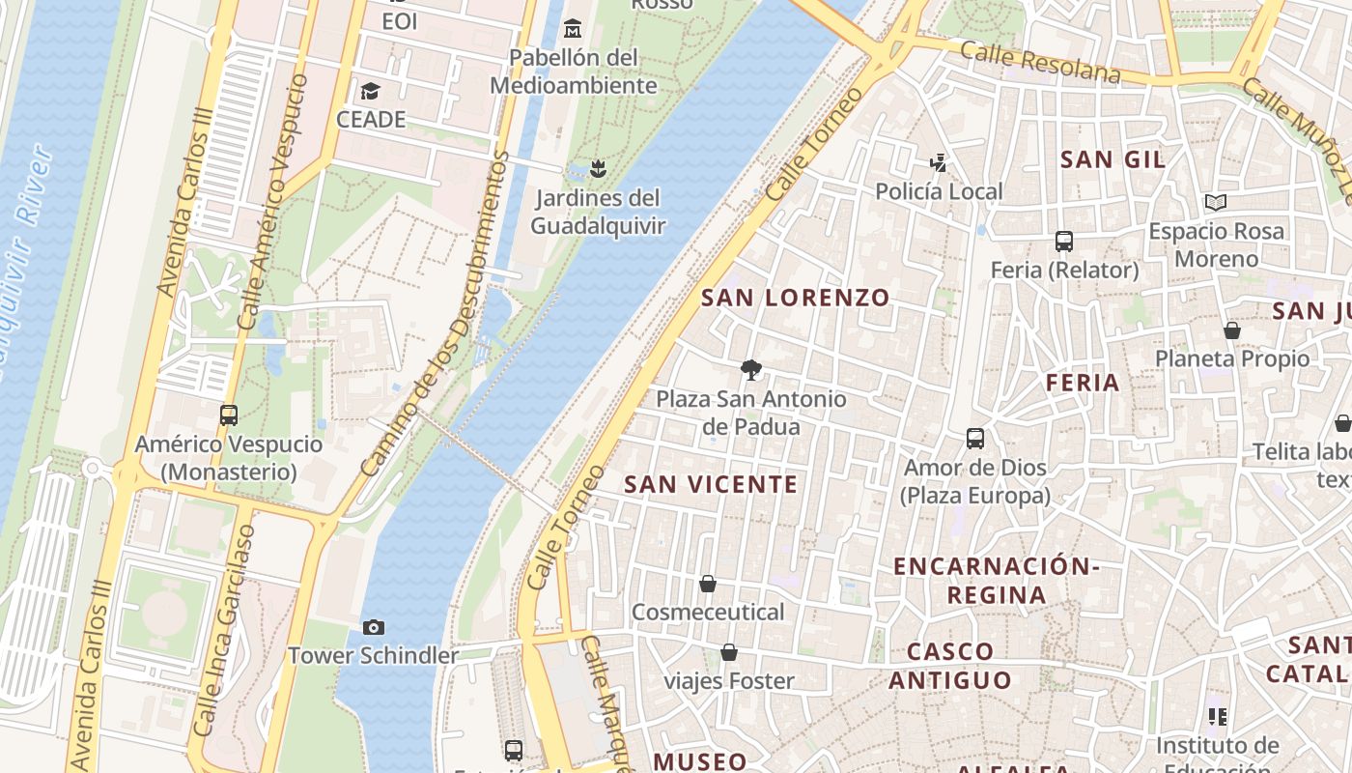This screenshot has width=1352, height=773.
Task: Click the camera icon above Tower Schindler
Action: [374, 628]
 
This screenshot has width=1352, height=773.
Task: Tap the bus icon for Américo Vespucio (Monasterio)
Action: [229, 415]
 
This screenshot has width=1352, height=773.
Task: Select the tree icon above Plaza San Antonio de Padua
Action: [750, 369]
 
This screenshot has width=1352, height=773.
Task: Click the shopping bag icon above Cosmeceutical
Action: [708, 584]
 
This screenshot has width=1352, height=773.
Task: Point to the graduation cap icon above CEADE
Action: [370, 92]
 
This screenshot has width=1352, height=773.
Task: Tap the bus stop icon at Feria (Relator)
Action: [1064, 242]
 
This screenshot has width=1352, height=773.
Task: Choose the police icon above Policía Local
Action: [938, 162]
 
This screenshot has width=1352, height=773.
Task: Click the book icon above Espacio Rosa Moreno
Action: [1216, 203]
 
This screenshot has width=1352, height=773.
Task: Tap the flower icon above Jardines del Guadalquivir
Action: [598, 170]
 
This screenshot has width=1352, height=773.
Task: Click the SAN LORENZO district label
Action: [795, 298]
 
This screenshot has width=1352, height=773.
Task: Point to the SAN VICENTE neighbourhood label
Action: [711, 484]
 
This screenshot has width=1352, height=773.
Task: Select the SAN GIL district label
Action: [1113, 159]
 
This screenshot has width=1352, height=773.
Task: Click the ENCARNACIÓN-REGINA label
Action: [996, 580]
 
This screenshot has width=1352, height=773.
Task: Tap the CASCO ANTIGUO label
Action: [950, 666]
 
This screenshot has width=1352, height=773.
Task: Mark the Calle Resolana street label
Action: [1041, 64]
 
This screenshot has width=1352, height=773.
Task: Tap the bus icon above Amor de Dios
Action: [975, 439]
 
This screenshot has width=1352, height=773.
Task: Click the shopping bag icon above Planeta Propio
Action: [1232, 330]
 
